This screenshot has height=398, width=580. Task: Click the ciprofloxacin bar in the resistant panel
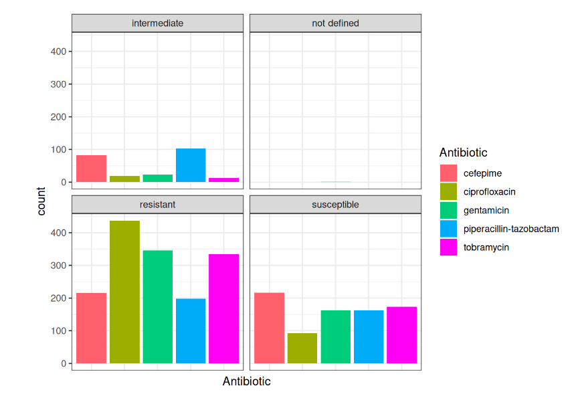click(x=124, y=292)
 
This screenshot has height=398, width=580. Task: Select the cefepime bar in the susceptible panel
click(x=269, y=328)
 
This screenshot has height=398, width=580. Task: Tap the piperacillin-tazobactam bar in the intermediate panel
click(x=191, y=165)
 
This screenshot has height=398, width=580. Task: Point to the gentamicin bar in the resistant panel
click(x=158, y=307)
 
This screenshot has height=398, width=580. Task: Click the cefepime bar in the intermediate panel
click(x=91, y=169)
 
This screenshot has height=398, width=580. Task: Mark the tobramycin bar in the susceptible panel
click(x=401, y=335)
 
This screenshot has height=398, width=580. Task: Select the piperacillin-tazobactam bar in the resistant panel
click(x=191, y=331)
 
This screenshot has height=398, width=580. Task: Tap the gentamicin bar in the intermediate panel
click(x=158, y=179)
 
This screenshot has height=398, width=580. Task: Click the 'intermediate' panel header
click(x=158, y=23)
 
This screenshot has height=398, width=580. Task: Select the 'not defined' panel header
click(x=335, y=23)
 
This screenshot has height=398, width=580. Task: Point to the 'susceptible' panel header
click(x=335, y=205)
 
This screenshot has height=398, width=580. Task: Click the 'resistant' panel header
click(x=158, y=205)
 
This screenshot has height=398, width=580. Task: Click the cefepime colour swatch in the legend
click(x=448, y=173)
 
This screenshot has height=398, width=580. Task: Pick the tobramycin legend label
click(x=486, y=247)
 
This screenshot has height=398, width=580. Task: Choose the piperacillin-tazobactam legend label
click(x=511, y=229)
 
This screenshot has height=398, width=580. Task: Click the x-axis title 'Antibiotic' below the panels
click(x=246, y=382)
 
